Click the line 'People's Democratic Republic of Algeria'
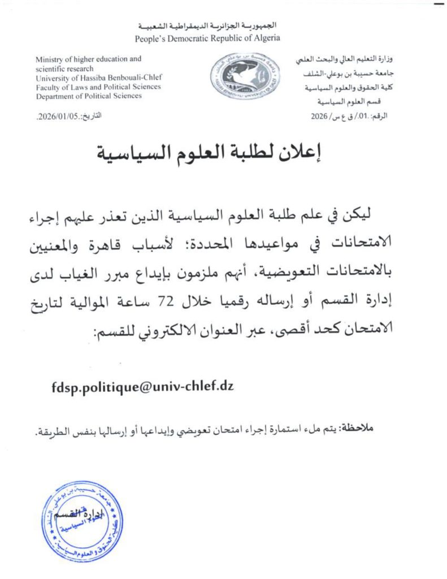pyautogui.click(x=207, y=38)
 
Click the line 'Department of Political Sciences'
pyautogui.click(x=89, y=96)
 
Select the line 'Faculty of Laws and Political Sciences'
pyautogui.click(x=98, y=87)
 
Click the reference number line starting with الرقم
pyautogui.click(x=351, y=116)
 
